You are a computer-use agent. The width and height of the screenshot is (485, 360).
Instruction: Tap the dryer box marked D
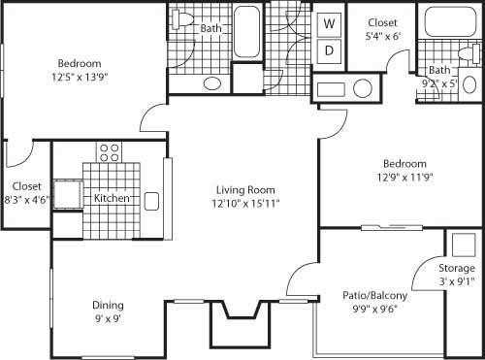(x=329, y=49)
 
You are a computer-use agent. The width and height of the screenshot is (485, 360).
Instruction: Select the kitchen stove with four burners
(x=109, y=151)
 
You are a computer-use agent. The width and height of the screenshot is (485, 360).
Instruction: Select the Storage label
(x=455, y=268)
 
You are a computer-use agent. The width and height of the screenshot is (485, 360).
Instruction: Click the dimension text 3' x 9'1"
(x=455, y=281)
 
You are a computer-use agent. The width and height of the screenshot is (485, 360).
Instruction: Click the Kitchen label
(x=112, y=199)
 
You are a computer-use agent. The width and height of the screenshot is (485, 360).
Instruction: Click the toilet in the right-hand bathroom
(x=469, y=50)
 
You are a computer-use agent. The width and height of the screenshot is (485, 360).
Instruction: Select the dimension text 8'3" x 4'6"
(x=26, y=199)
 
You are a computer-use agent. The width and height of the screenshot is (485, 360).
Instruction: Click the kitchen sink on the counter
(x=151, y=201)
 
